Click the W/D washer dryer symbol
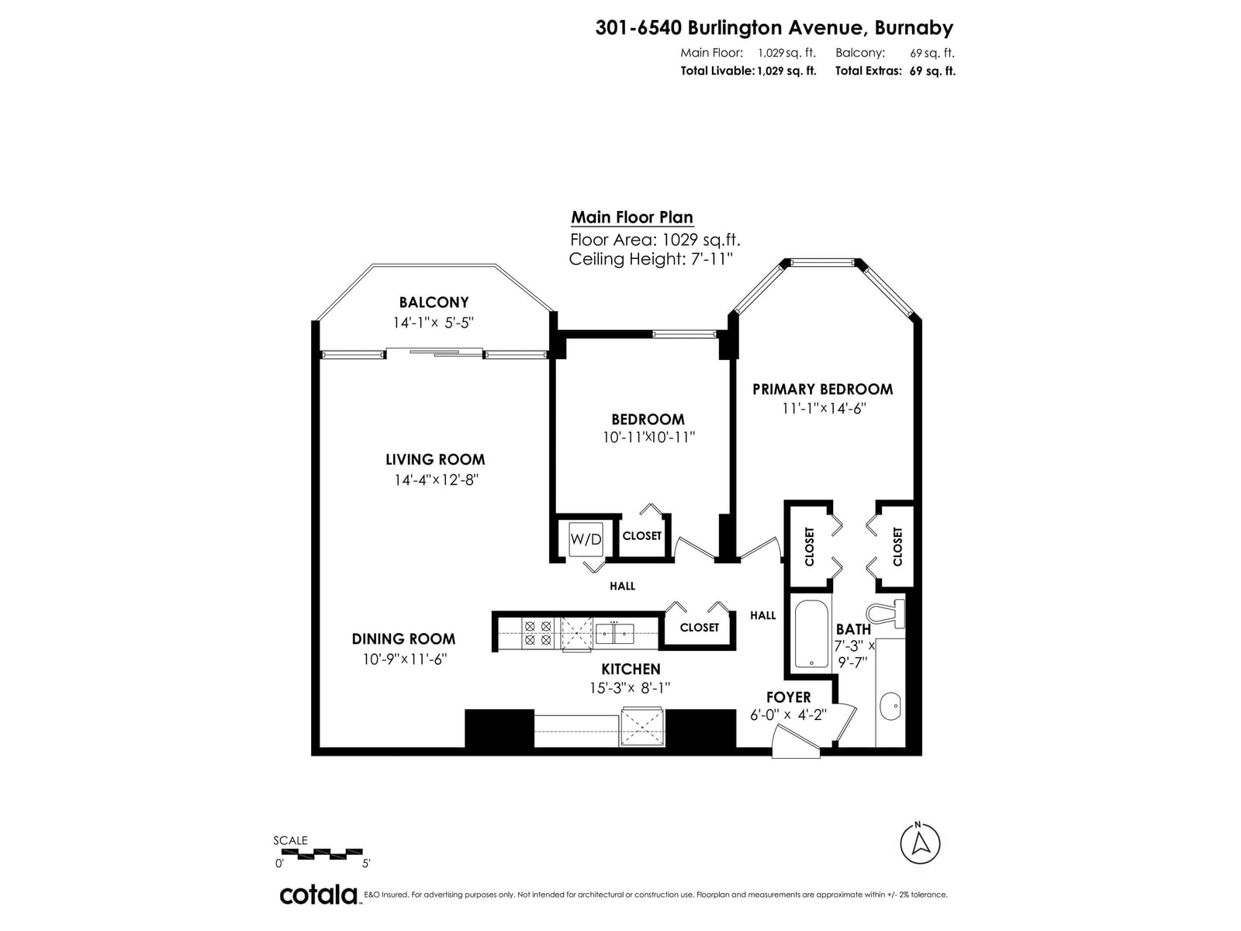tap(586, 538)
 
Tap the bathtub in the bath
tap(811, 634)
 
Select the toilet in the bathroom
tap(886, 614)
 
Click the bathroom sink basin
tap(890, 705)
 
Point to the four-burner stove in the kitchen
tap(538, 633)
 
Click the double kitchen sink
tap(614, 634)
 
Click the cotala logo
tap(319, 895)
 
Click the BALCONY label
tap(434, 303)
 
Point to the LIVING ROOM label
tap(435, 459)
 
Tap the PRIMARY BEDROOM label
tap(823, 389)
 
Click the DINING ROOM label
tap(403, 639)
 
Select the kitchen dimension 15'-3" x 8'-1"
tap(629, 688)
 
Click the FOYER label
tap(788, 697)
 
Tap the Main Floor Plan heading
tap(632, 218)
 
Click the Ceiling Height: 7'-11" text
tap(651, 259)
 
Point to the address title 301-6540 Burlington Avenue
tap(729, 27)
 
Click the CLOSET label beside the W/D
tap(641, 535)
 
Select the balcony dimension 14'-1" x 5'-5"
tap(433, 323)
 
